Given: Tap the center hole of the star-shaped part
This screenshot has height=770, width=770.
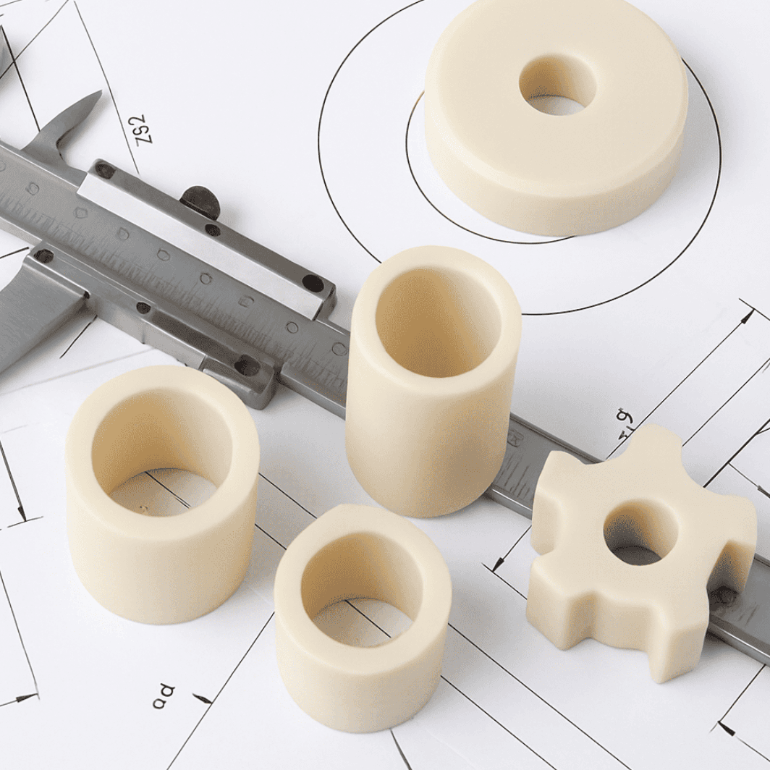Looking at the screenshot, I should pyautogui.click(x=640, y=534).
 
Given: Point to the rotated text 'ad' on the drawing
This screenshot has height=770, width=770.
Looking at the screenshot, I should pyautogui.click(x=164, y=695).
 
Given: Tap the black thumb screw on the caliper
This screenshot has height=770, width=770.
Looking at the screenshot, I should pyautogui.click(x=200, y=202).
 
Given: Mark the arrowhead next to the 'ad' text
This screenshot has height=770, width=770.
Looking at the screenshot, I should pyautogui.click(x=203, y=698).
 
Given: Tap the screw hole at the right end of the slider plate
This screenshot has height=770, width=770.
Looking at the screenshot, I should pyautogui.click(x=313, y=283).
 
